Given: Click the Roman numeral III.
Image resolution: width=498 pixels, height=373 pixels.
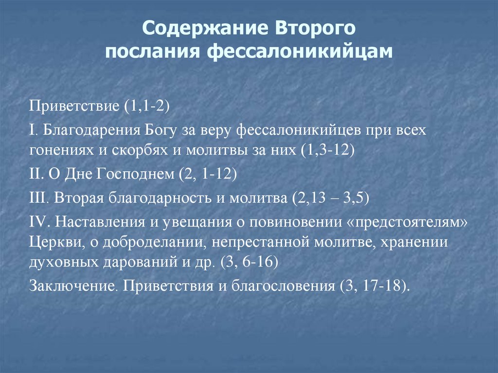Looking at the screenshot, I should pyautogui.click(x=37, y=198).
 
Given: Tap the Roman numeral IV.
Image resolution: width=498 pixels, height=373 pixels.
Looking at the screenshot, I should pyautogui.click(x=38, y=221).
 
